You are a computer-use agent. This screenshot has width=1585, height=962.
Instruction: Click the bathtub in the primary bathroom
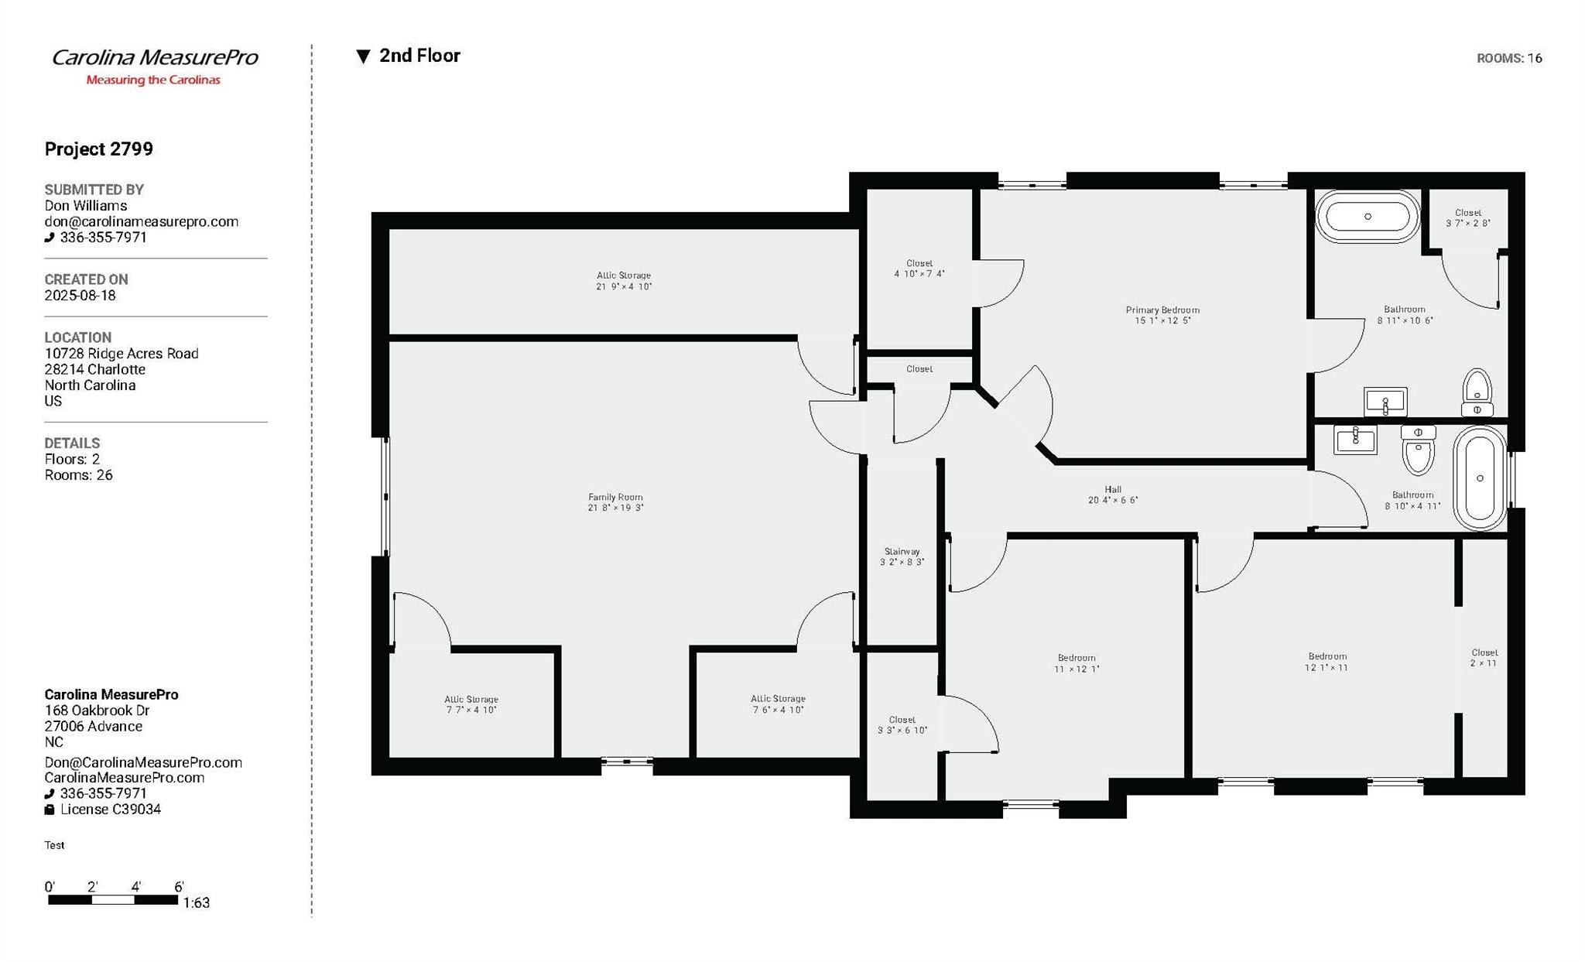(x=1368, y=217)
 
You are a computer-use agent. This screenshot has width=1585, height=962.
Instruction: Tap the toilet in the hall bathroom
(x=1418, y=450)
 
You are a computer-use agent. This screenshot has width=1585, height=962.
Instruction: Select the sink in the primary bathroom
(x=1385, y=402)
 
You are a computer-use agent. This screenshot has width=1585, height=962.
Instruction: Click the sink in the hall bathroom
(x=1355, y=439)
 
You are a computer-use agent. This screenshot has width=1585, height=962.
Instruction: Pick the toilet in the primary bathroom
(x=1477, y=392)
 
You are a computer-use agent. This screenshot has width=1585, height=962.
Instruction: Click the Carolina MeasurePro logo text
(x=155, y=57)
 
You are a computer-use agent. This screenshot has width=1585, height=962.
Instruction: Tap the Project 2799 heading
(x=98, y=149)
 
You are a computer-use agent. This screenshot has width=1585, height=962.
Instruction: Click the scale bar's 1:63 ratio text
(x=197, y=902)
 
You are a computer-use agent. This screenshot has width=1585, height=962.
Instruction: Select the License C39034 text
(x=111, y=810)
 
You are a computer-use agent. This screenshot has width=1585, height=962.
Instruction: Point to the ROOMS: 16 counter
(x=1509, y=58)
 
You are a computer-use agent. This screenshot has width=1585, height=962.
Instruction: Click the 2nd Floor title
(x=419, y=56)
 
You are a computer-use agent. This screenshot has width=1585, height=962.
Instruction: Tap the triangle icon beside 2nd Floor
(x=363, y=56)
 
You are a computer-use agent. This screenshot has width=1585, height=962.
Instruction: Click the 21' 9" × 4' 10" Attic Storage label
(x=624, y=281)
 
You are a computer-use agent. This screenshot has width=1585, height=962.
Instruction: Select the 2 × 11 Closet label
(x=1484, y=658)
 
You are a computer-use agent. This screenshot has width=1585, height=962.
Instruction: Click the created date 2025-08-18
(x=80, y=296)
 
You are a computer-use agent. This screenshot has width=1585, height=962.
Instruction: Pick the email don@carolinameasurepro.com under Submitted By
(x=142, y=221)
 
